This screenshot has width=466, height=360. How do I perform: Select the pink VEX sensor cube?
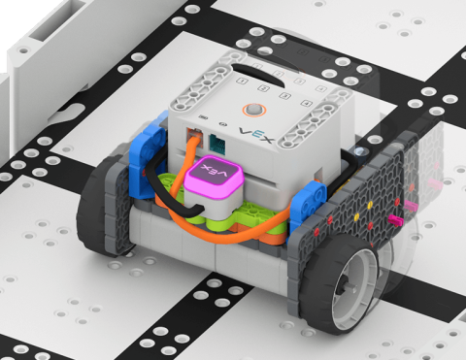(215, 178)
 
